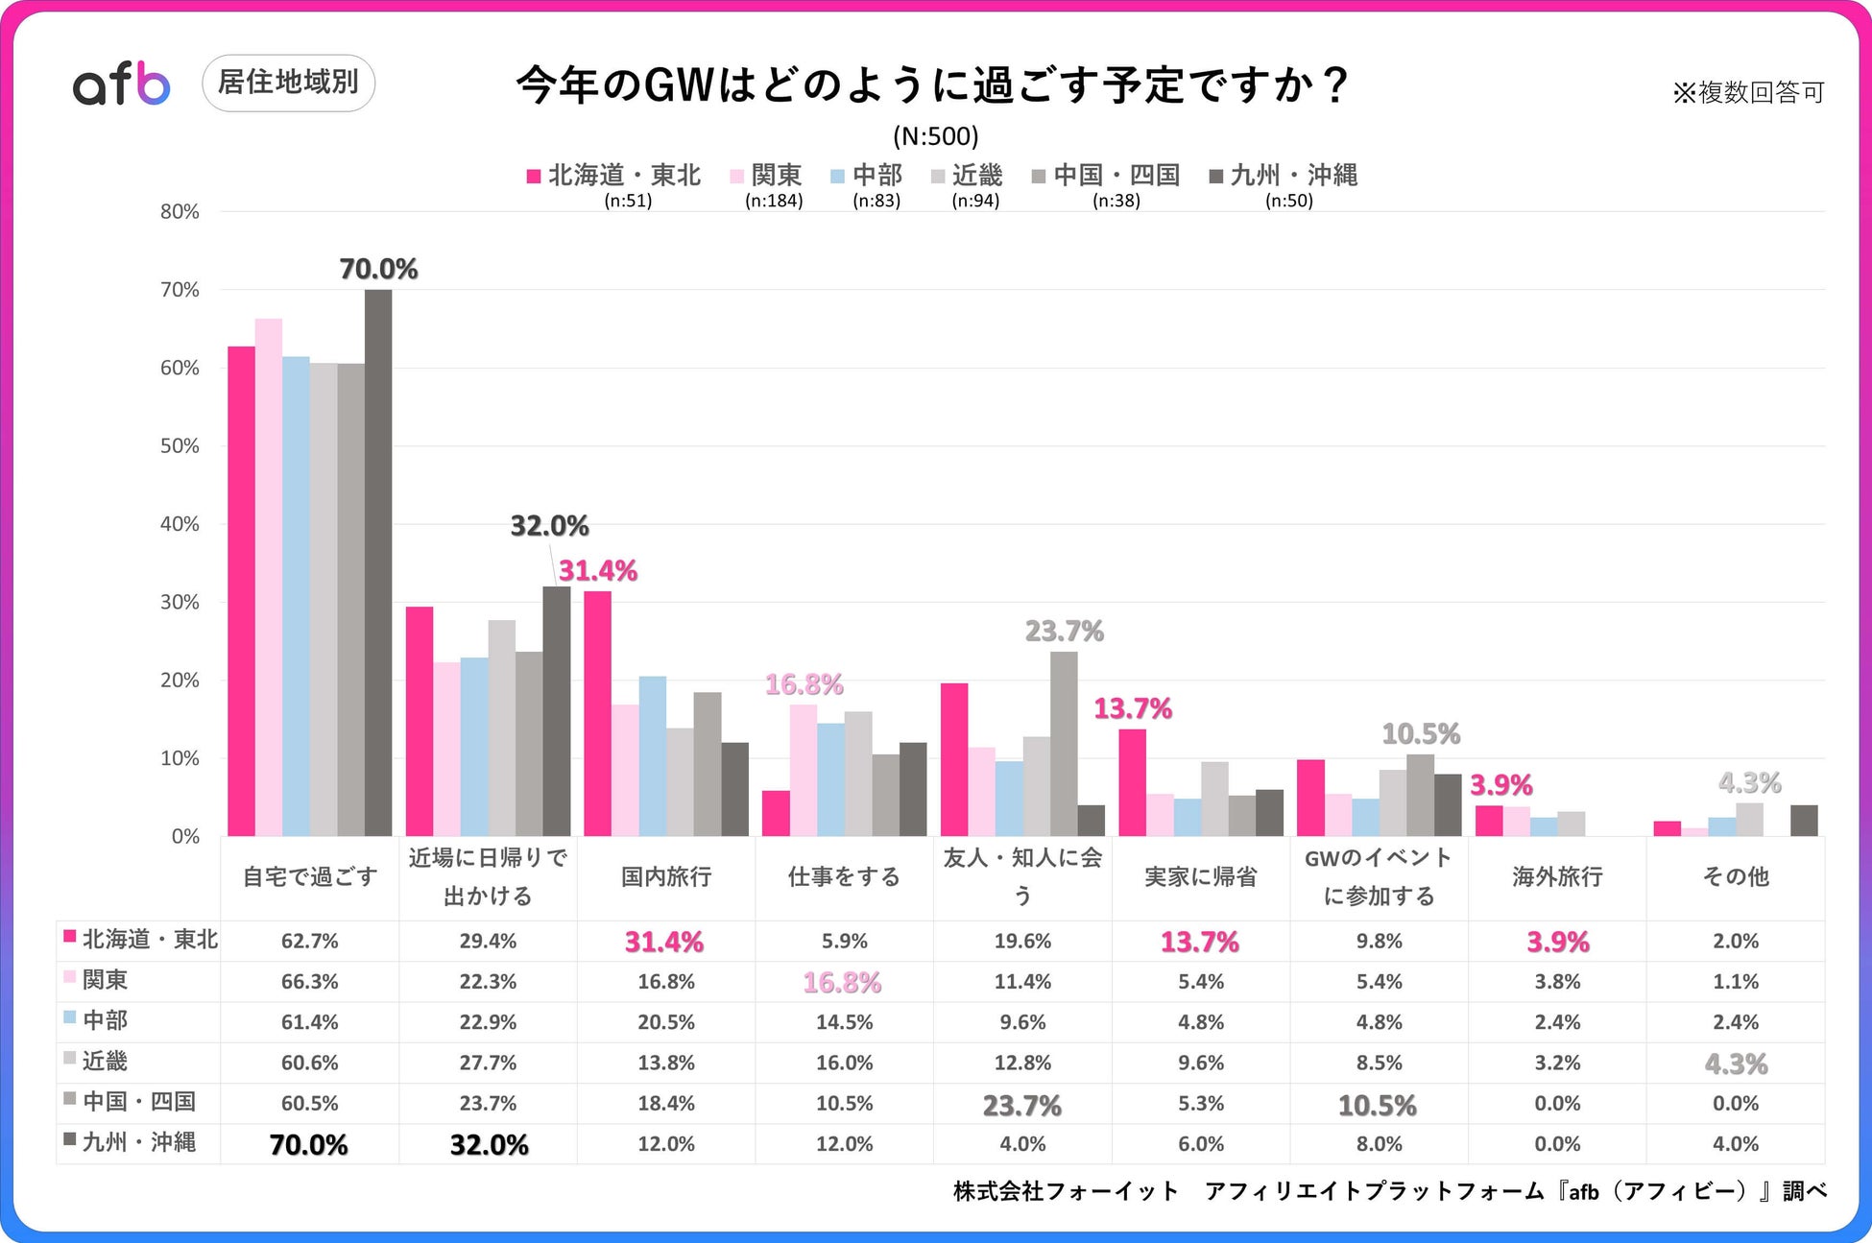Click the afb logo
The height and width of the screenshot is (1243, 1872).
[x=122, y=84]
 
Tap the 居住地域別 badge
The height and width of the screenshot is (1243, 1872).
[x=288, y=83]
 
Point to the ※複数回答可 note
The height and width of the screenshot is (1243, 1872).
[x=1747, y=92]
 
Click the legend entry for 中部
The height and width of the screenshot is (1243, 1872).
[x=866, y=176]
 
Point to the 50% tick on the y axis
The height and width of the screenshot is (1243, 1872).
[x=180, y=446]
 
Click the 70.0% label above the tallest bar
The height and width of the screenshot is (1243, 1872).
[x=378, y=269]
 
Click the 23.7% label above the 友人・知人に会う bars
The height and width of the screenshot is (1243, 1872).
[x=1064, y=631]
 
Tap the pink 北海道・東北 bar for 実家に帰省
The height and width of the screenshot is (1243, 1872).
[x=1132, y=782]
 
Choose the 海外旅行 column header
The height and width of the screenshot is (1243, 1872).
[x=1557, y=876]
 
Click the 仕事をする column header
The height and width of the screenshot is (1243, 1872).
[x=844, y=876]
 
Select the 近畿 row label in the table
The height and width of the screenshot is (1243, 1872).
[x=105, y=1062]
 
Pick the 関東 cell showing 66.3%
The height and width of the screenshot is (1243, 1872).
[x=309, y=982]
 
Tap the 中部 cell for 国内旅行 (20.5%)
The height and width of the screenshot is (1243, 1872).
[x=666, y=1022]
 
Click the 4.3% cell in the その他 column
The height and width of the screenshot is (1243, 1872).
[x=1736, y=1064]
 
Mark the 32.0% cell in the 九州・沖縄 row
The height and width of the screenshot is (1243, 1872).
[x=489, y=1144]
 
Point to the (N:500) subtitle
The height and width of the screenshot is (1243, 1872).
[x=935, y=136]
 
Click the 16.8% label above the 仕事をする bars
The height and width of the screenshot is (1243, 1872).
[x=804, y=684]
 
